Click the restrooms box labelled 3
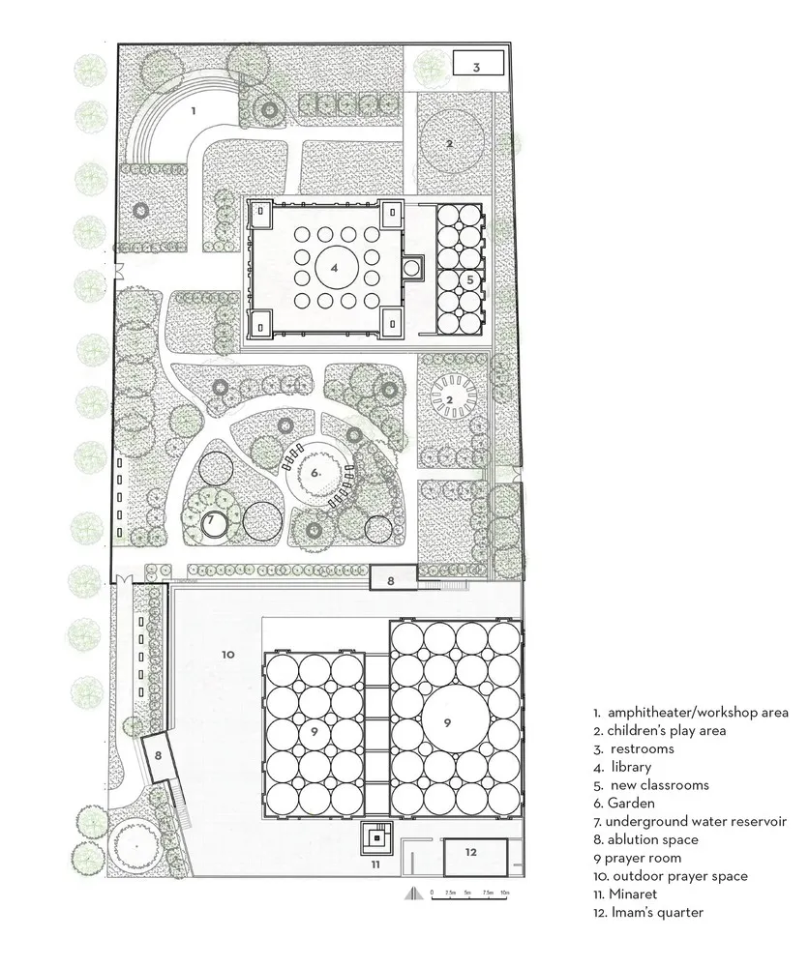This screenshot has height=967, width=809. click(477, 66)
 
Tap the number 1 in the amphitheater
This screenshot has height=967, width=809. click(194, 111)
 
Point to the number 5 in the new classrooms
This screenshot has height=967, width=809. click(470, 278)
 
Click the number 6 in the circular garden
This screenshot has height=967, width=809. click(315, 474)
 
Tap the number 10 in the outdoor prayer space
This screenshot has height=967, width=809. click(227, 655)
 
